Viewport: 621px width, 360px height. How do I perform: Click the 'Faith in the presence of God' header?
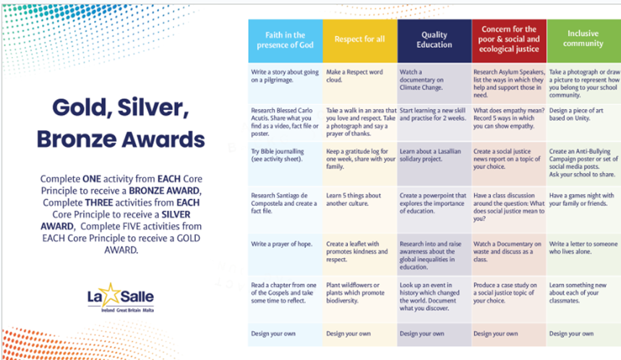[285, 40]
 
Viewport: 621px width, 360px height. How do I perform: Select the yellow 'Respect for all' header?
[359, 40]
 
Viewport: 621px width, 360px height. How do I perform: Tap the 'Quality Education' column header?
[434, 40]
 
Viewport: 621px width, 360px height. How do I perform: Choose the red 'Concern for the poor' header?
[509, 40]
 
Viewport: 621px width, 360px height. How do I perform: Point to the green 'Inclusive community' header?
[584, 40]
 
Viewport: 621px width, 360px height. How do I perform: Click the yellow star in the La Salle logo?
[111, 295]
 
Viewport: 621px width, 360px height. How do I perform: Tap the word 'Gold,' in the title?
[82, 108]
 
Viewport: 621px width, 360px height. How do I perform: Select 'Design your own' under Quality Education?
[421, 333]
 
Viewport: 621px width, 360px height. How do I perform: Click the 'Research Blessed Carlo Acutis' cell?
[284, 121]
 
